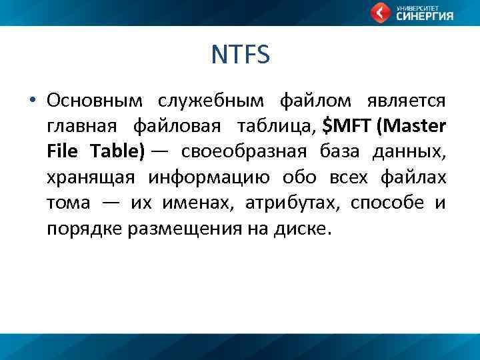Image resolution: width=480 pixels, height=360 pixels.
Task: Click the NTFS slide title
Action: pos(240,55)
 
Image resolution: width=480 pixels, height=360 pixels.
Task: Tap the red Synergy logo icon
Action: pos(381,12)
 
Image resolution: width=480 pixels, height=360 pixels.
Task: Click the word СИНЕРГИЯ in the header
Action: pos(425,17)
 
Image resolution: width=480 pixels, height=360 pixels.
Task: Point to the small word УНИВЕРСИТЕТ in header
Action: pos(415,7)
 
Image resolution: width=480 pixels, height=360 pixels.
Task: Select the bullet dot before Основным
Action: pos(31,101)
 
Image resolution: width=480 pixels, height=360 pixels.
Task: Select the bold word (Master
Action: pos(412,126)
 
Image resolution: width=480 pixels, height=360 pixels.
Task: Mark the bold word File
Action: pos(63,151)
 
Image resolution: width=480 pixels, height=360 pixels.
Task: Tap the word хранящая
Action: pos(91,177)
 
